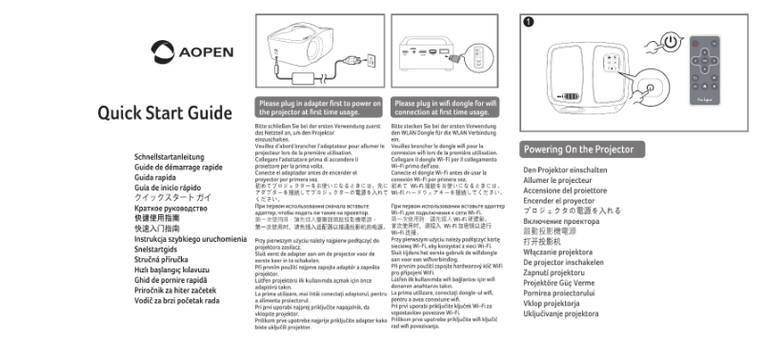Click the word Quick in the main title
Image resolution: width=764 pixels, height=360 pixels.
pyautogui.click(x=121, y=113)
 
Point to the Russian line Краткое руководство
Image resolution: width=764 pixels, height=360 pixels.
pyautogui.click(x=171, y=207)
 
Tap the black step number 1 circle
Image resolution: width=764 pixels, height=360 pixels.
pyautogui.click(x=530, y=20)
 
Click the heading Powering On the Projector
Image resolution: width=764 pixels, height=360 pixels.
pyautogui.click(x=578, y=150)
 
